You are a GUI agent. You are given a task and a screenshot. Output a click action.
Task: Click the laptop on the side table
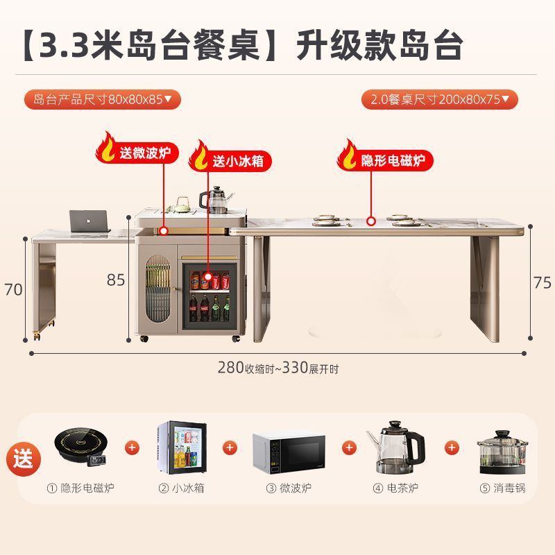click(89, 221)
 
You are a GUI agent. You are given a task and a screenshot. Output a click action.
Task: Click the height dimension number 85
click(116, 280)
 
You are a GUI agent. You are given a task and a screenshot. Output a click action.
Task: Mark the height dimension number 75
click(543, 282)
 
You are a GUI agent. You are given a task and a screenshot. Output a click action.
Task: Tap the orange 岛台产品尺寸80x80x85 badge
click(102, 99)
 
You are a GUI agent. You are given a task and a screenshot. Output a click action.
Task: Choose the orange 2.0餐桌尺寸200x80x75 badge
click(439, 99)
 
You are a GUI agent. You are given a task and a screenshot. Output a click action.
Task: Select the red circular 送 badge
click(25, 459)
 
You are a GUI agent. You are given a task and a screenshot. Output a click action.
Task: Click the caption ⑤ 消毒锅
click(502, 488)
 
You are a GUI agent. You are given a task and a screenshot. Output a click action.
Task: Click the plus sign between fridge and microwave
click(228, 447)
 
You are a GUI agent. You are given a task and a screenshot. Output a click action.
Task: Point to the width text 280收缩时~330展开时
click(277, 368)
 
